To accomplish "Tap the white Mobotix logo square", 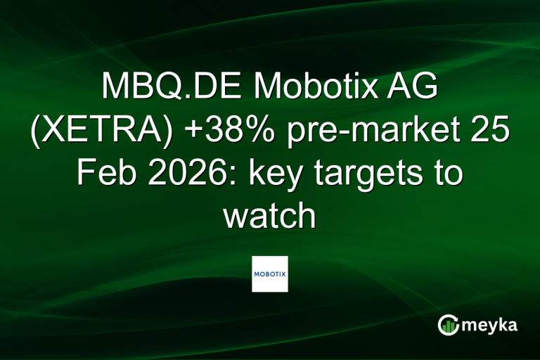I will click(x=270, y=274).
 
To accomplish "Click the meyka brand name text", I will click(x=490, y=325).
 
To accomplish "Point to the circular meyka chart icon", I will click(x=448, y=324).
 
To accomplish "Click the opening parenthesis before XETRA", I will click(x=35, y=132).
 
